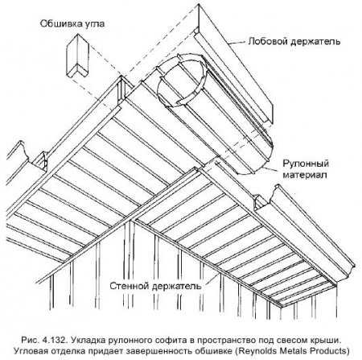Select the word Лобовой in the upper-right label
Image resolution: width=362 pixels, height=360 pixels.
(267, 41)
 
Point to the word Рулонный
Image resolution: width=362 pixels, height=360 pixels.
(306, 163)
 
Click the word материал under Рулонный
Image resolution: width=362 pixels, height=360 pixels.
(305, 175)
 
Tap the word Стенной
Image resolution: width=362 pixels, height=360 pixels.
(129, 286)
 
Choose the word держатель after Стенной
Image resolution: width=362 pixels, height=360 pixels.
(176, 286)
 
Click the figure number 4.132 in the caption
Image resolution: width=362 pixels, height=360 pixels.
(55, 340)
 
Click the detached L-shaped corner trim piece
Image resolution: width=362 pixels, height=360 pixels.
(77, 56)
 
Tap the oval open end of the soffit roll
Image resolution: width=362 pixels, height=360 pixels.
(183, 81)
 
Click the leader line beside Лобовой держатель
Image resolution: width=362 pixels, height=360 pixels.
(237, 43)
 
